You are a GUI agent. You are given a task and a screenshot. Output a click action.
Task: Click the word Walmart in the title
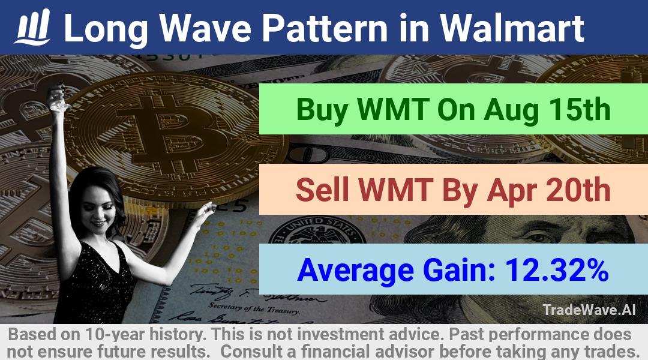(x=512, y=28)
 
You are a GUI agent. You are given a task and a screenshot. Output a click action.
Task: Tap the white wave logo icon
(x=32, y=27)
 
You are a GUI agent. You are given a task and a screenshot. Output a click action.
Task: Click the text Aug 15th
(x=547, y=110)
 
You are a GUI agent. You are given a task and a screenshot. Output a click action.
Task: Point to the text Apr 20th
(x=549, y=190)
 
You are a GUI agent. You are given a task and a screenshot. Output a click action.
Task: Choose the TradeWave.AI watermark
(x=589, y=310)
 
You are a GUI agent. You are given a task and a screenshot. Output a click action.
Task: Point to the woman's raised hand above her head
(x=58, y=99)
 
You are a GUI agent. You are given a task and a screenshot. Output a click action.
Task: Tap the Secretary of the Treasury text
(x=254, y=308)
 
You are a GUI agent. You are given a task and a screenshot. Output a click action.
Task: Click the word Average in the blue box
(x=355, y=271)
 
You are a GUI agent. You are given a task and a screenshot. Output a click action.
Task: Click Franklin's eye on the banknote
(x=538, y=238)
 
